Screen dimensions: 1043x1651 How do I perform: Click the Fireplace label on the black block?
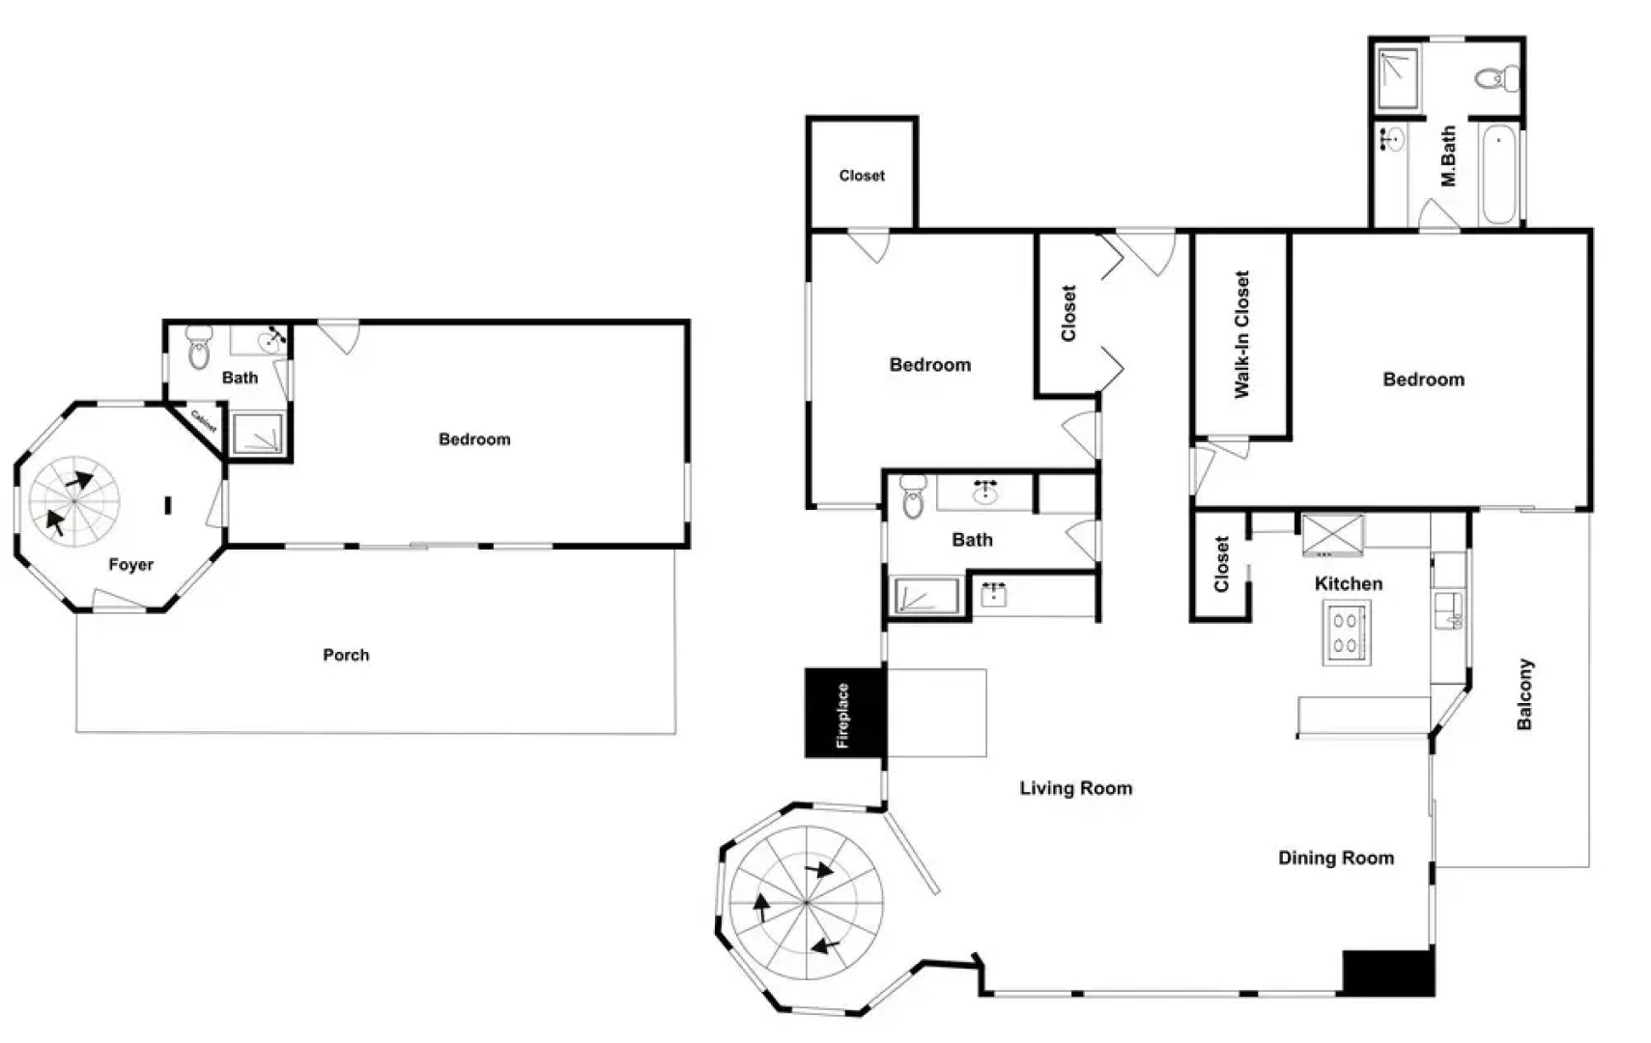[842, 716]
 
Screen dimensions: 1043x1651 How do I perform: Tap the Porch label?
[346, 655]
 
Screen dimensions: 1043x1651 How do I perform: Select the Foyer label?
[130, 565]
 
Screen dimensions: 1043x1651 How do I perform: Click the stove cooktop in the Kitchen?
[1346, 634]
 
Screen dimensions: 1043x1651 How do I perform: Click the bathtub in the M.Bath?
[1498, 174]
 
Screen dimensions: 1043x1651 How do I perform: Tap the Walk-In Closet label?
[1242, 334]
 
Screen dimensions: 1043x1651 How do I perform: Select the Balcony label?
[1524, 694]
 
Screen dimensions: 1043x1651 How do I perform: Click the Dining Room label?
[1336, 858]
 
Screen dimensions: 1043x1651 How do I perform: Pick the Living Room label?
[1075, 788]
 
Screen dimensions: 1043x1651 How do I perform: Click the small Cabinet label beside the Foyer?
[204, 421]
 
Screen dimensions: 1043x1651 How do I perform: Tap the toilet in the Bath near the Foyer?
[199, 349]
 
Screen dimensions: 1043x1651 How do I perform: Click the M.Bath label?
[1447, 156]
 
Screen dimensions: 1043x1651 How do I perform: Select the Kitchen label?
[1348, 583]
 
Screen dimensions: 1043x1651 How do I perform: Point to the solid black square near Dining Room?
[1388, 973]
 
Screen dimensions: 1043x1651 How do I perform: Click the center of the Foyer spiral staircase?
[74, 501]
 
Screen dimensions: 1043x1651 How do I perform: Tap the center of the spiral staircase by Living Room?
[806, 903]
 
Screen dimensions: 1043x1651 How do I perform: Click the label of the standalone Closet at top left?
[862, 176]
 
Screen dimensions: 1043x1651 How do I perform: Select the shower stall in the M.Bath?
[1397, 77]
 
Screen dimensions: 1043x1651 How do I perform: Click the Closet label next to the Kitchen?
[1221, 565]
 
